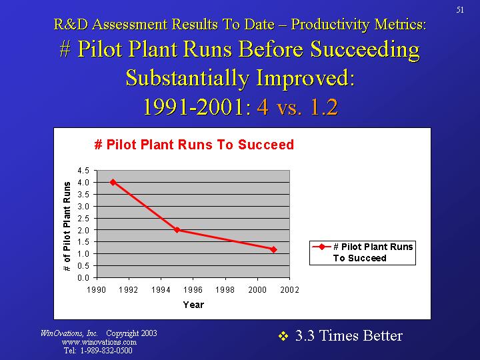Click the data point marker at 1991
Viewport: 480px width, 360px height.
point(113,182)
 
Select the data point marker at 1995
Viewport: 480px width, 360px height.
point(177,230)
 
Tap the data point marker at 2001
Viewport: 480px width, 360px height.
point(273,249)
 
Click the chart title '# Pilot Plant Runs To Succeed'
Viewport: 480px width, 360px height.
point(194,145)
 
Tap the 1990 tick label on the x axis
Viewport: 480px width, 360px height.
point(97,290)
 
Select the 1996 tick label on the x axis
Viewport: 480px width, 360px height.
point(193,290)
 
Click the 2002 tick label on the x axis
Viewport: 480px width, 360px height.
point(289,290)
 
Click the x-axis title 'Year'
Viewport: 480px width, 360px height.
point(193,305)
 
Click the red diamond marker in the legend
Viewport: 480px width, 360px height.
point(322,247)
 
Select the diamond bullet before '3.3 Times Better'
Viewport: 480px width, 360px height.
point(282,336)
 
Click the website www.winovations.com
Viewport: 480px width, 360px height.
point(99,342)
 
